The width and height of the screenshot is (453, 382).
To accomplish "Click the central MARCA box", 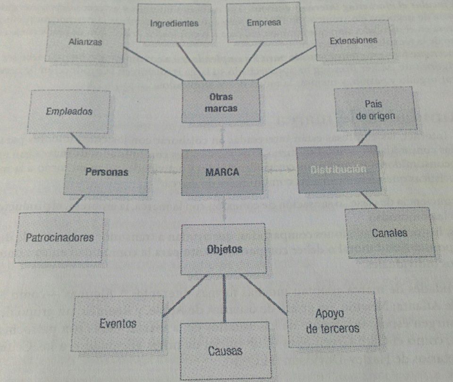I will coord(222,172).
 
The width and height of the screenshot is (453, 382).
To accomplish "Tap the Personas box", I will coord(107,172).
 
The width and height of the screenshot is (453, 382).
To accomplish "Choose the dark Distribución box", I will coord(338,169).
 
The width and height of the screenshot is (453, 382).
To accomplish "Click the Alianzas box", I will coord(85,42).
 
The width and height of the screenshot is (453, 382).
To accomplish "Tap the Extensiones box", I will coord(353,40).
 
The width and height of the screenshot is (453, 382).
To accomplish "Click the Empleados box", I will coord(69,112).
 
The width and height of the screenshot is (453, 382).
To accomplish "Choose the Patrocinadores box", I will coord(59,237).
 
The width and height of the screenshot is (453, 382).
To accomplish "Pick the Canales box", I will coord(390,233).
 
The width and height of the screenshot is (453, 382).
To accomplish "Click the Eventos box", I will coord(118,324).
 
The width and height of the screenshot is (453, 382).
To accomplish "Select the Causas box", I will coord(225,350).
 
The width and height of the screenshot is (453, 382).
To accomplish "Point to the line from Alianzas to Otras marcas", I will coord(153,64).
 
